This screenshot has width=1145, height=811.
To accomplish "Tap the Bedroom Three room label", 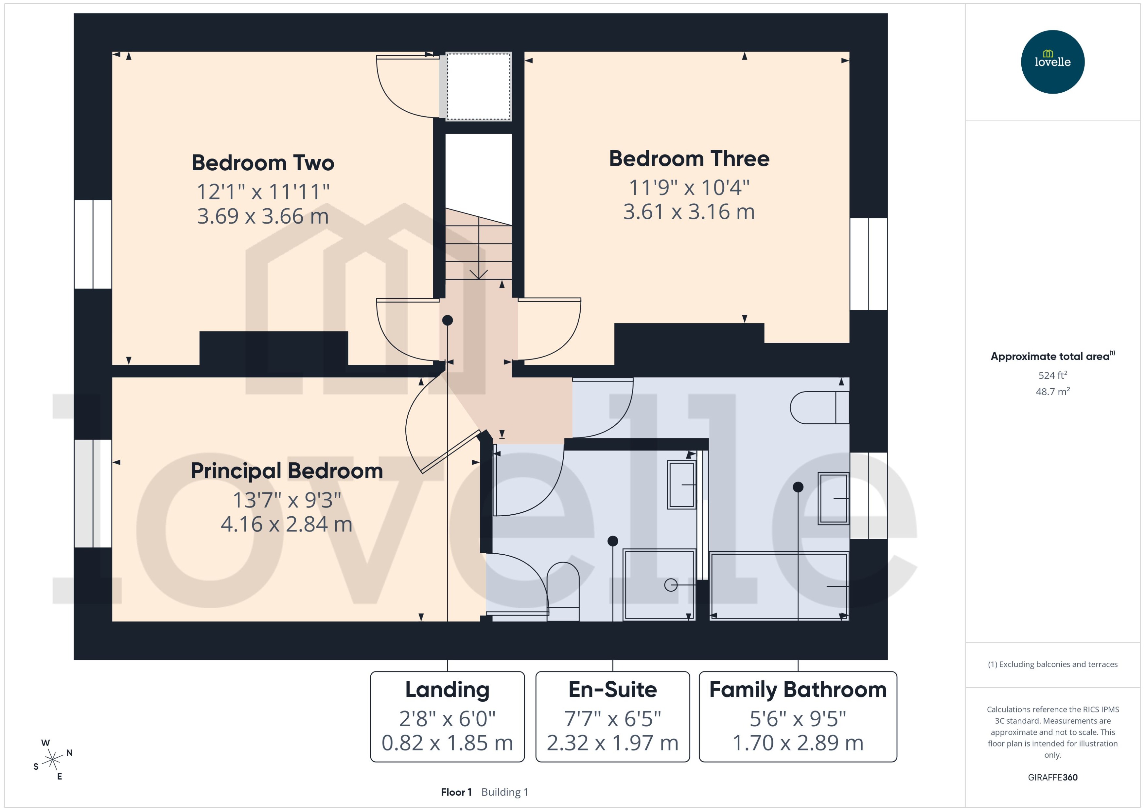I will pyautogui.click(x=689, y=159).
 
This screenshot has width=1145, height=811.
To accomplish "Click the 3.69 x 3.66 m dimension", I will pyautogui.click(x=263, y=216).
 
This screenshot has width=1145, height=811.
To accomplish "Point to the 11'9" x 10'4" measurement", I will pyautogui.click(x=689, y=188).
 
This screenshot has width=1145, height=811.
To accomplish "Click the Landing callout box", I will pyautogui.click(x=447, y=717).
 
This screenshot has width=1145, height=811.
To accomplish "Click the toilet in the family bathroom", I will pyautogui.click(x=818, y=408).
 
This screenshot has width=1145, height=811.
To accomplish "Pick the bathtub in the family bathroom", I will pyautogui.click(x=778, y=585).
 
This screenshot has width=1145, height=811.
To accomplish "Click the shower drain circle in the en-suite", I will pyautogui.click(x=671, y=585).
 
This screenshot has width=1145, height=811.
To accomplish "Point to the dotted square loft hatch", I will pyautogui.click(x=478, y=86).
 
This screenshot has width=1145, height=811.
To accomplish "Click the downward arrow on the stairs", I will pyautogui.click(x=479, y=274).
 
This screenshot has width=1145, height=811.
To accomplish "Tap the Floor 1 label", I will pyautogui.click(x=455, y=792).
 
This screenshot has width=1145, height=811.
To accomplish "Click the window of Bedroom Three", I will pyautogui.click(x=868, y=264).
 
